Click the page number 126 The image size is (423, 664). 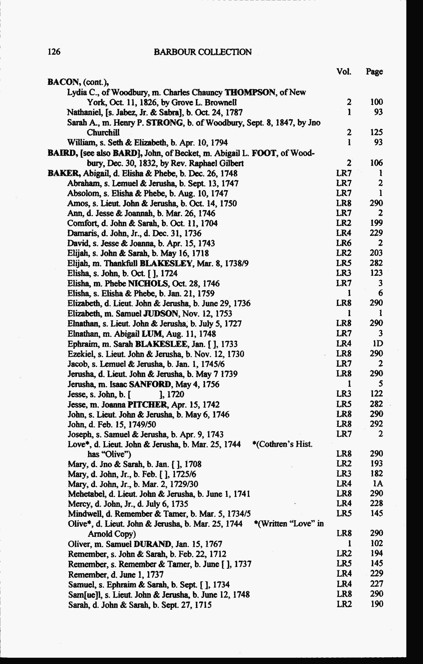click(x=54, y=52)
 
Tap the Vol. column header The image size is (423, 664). click(x=344, y=72)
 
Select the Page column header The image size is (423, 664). click(x=374, y=72)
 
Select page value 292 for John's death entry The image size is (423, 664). click(x=376, y=424)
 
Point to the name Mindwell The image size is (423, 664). click(x=80, y=514)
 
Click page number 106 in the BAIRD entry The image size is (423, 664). click(x=376, y=163)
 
